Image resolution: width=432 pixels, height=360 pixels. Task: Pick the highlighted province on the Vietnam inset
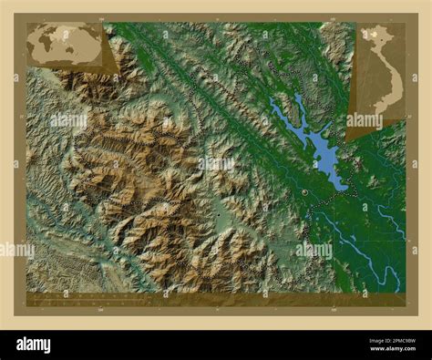tap(375, 35)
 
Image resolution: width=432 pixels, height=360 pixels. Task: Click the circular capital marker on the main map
tap(303, 192)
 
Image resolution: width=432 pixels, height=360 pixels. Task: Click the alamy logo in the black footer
tap(46, 344)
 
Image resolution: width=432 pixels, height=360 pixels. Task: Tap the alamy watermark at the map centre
tap(217, 164)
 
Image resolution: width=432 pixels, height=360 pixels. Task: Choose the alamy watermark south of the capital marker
tap(313, 249)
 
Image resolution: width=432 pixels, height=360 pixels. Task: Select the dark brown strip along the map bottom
tap(215, 299)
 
